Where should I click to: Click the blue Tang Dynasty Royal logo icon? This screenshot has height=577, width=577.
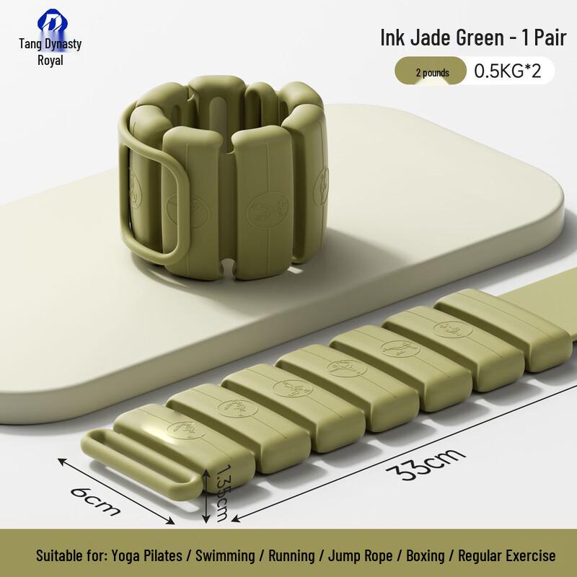coord(52,22)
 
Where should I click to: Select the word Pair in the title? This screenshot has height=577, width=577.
coord(550,38)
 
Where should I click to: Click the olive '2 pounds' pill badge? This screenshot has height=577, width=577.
coord(431,71)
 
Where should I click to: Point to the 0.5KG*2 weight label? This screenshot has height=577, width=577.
coord(508,71)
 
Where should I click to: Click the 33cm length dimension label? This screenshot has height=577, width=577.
coord(425,464)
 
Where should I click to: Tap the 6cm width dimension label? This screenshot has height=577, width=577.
coord(96,501)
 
